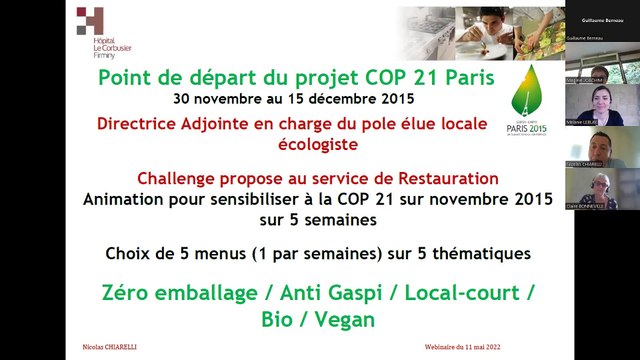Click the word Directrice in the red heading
(146, 124)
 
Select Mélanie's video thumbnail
(600, 104)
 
